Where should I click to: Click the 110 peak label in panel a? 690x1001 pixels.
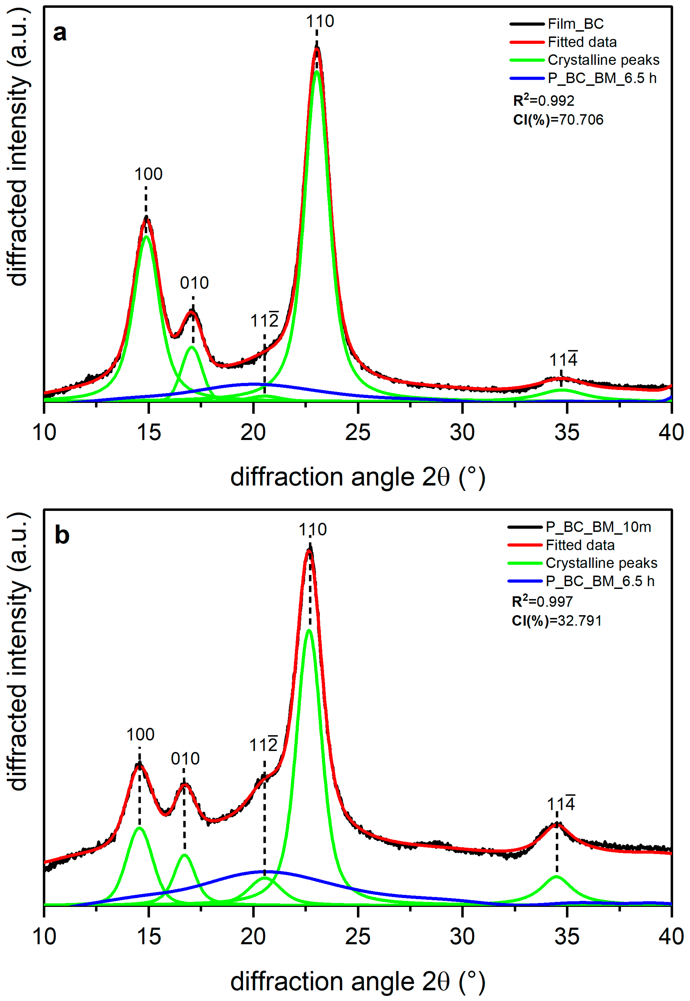[320, 21]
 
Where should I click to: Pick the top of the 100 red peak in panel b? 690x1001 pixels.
[139, 764]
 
